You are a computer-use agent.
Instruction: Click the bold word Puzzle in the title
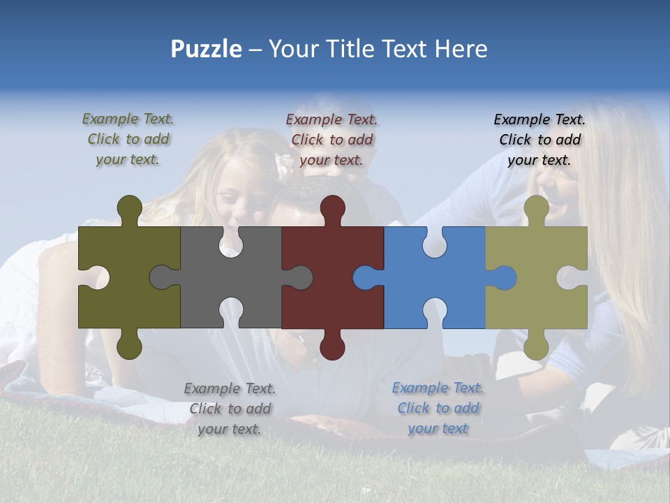tap(206, 49)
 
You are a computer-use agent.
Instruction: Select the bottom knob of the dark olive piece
tap(129, 346)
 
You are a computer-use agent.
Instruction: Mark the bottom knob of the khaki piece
tap(536, 346)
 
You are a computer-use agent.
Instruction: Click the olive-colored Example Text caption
tap(128, 139)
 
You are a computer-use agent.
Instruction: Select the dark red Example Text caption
tap(332, 139)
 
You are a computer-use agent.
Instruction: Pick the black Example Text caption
tap(539, 139)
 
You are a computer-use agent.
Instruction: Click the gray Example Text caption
tap(230, 408)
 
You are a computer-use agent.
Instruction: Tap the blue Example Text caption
tap(438, 407)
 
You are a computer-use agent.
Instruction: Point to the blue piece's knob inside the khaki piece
tap(504, 278)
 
